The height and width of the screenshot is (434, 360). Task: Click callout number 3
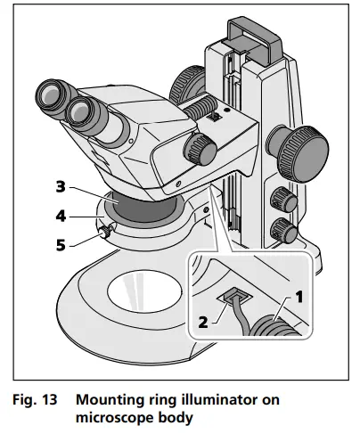pyautogui.click(x=60, y=186)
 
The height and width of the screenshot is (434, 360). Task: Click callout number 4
pyautogui.click(x=60, y=215)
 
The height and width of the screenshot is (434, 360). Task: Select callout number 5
pyautogui.click(x=60, y=243)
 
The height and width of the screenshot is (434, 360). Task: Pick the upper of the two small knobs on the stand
pyautogui.click(x=282, y=197)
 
